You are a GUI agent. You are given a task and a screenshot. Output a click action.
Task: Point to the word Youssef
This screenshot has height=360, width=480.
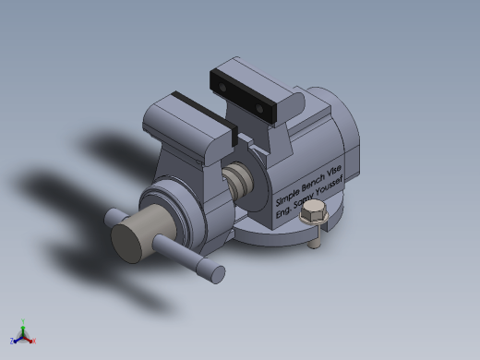(x=329, y=188)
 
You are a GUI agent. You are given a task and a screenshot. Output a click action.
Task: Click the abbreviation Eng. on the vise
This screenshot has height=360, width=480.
(x=282, y=211)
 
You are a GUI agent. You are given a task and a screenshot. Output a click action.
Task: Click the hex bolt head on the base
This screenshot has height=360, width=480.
(x=314, y=211)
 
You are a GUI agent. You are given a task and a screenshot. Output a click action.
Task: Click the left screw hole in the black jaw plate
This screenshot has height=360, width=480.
(x=222, y=88)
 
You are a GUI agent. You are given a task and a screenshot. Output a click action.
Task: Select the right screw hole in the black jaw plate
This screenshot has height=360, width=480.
(x=259, y=109)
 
